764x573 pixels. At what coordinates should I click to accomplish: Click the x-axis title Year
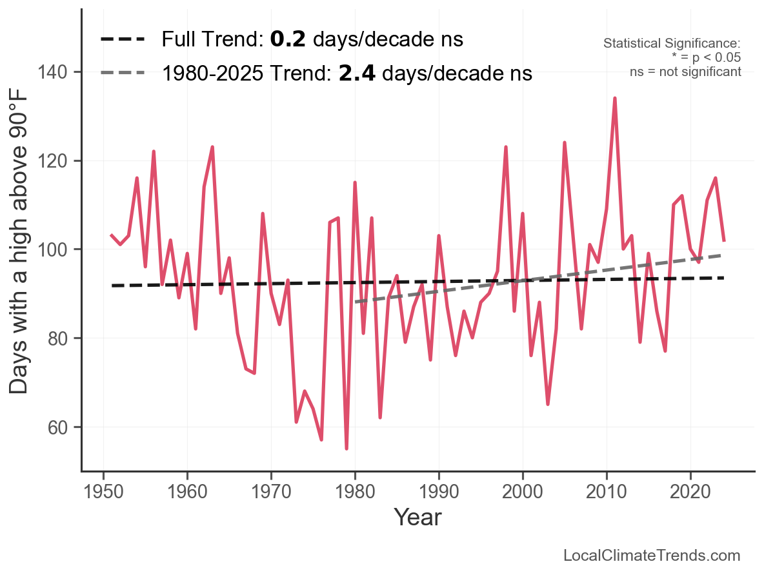coord(417,517)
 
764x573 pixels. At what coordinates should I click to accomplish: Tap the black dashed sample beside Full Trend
coord(123,40)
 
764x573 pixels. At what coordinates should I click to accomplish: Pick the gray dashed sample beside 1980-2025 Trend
coord(123,73)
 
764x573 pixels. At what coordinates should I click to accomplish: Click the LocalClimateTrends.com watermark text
coord(652,556)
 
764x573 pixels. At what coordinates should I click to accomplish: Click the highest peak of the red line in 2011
coord(615,99)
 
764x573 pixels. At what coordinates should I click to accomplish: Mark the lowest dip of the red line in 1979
coord(347,448)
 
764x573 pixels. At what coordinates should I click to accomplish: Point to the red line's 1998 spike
coord(506,148)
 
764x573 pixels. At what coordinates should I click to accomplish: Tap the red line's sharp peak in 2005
coord(565,143)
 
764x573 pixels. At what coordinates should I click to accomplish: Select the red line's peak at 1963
coord(212,148)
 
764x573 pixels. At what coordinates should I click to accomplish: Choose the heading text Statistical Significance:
coord(672,44)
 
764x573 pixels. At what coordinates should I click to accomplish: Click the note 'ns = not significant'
coord(685,72)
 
